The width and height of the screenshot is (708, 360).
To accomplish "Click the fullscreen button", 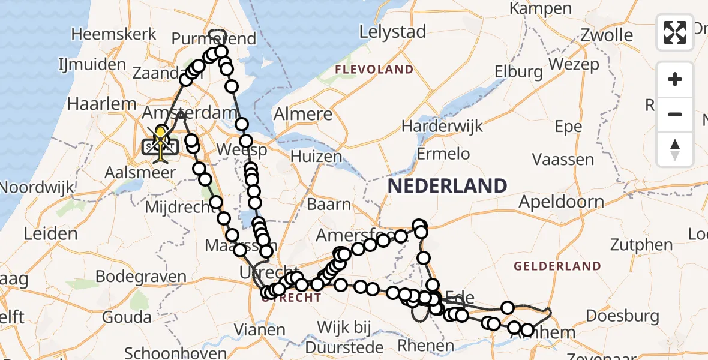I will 675,32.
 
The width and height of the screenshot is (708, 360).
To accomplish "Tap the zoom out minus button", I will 675,114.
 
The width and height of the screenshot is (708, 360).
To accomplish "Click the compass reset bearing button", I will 675,148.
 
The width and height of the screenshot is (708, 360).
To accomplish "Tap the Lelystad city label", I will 393,31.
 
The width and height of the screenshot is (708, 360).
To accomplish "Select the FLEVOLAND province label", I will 374,70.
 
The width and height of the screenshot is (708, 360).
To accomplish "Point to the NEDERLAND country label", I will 447,186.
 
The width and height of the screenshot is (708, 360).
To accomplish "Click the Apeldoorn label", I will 561,201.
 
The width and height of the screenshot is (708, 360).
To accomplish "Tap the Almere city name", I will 303,114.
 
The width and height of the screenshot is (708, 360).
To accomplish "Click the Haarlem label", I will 102,103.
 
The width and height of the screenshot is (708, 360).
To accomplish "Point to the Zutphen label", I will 641,245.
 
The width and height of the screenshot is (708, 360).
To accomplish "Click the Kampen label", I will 541,8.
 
